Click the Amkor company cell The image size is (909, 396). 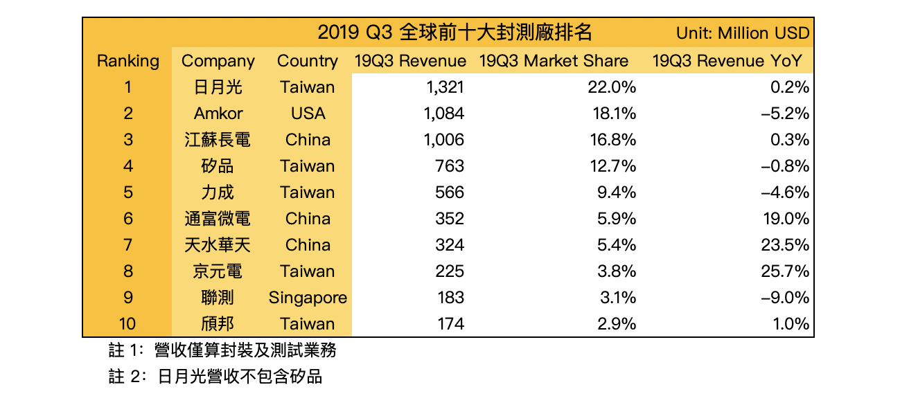(218, 114)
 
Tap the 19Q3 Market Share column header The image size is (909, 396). (554, 61)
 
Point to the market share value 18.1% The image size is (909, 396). (614, 114)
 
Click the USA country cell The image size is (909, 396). (308, 114)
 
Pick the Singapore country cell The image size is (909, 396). (308, 298)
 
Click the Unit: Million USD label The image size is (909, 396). (743, 33)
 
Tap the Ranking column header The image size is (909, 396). (128, 61)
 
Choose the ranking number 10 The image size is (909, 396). (128, 324)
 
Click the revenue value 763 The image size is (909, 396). (450, 166)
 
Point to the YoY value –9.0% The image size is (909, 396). (784, 298)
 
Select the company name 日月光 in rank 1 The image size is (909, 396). (218, 87)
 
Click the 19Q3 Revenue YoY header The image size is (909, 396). (727, 61)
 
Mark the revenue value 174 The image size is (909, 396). (450, 324)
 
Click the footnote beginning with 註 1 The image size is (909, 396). (222, 351)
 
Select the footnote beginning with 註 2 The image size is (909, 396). (215, 377)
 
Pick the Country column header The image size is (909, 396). (308, 61)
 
